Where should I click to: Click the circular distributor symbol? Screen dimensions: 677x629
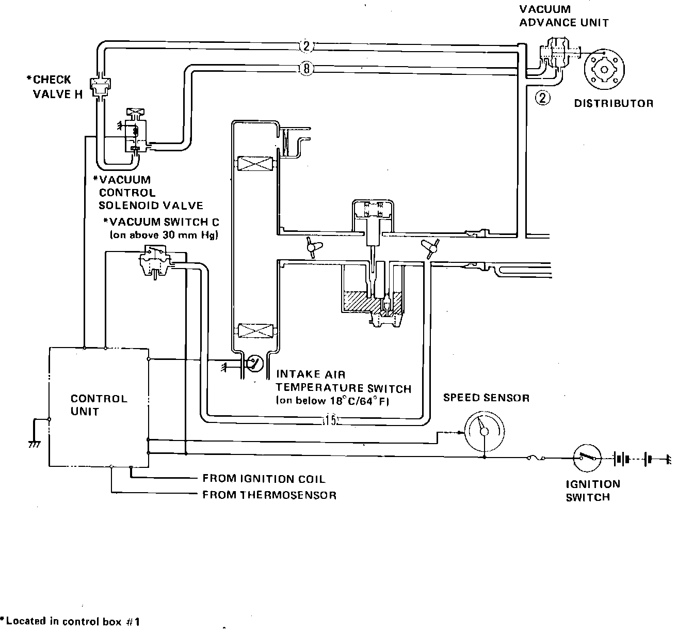tap(604, 70)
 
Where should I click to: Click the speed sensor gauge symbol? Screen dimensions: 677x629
tap(485, 431)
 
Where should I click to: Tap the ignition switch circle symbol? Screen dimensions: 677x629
tap(588, 458)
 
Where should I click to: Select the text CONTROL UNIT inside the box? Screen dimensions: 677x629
tap(99, 405)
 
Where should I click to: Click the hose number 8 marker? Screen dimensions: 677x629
tap(307, 69)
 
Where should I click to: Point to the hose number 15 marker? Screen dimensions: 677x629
tap(330, 420)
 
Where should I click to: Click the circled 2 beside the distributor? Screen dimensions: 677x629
tap(542, 98)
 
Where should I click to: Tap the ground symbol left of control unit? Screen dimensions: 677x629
tap(35, 444)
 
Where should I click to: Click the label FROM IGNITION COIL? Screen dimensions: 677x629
tap(264, 479)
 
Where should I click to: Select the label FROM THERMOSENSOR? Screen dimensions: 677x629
tap(269, 495)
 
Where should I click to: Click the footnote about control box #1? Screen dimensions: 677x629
tap(70, 621)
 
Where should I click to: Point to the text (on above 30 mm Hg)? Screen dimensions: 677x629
tap(164, 235)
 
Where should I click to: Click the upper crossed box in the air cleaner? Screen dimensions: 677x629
tap(255, 164)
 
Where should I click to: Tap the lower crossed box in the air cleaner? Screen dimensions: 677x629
tap(255, 331)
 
